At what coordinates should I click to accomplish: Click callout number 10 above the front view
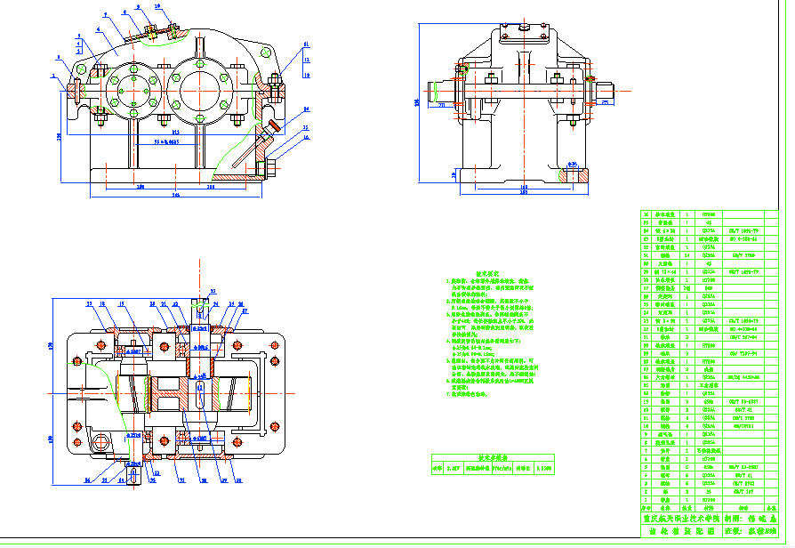click(x=158, y=6)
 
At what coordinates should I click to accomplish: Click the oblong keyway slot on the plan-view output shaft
click(x=200, y=394)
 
